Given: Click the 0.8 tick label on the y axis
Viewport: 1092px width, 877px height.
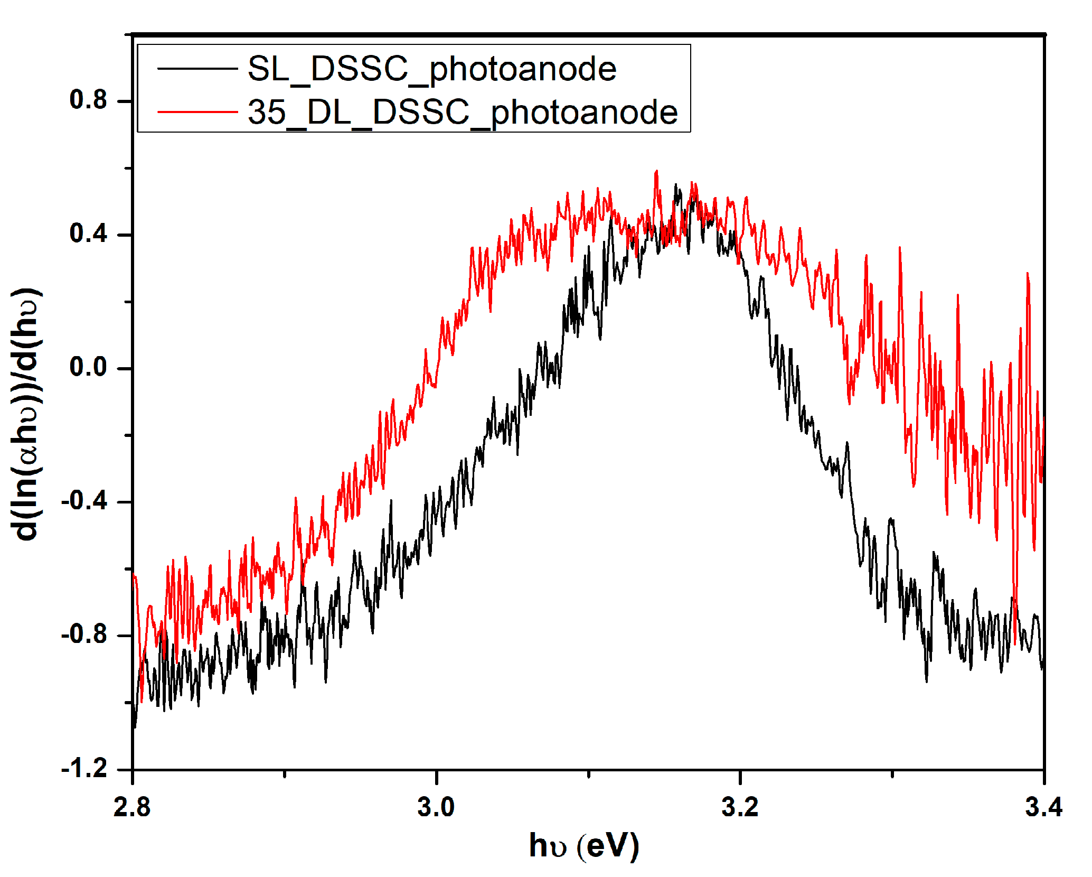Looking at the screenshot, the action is (x=88, y=100).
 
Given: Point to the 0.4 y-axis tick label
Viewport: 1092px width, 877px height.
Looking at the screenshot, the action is (x=88, y=234).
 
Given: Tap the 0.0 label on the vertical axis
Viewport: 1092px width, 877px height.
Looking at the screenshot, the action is (x=88, y=367).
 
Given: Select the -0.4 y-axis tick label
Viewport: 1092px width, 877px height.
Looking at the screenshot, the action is (x=84, y=501).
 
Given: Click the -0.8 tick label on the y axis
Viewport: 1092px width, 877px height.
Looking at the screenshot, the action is (x=84, y=635).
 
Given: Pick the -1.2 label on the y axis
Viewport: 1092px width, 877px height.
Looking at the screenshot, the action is (x=84, y=768).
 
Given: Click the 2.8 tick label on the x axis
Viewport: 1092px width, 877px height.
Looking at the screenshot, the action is (x=132, y=807).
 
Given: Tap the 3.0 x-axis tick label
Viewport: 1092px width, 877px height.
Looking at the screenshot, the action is (x=436, y=807).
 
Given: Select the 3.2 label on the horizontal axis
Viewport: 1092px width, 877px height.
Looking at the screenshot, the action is (x=740, y=807).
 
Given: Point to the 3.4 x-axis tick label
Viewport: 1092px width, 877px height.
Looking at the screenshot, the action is (x=1044, y=807).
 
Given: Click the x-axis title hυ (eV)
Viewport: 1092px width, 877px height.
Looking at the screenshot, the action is (x=585, y=846).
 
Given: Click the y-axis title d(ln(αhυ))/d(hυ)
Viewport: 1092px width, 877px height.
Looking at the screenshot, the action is (x=26, y=414).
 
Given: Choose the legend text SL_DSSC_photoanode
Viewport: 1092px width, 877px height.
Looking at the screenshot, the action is (x=432, y=69).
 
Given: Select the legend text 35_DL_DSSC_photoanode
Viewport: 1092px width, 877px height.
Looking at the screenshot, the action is (x=463, y=113).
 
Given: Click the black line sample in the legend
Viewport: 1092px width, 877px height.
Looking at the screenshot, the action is (x=197, y=68).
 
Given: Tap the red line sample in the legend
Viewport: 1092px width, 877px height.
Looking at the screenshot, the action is (x=197, y=111).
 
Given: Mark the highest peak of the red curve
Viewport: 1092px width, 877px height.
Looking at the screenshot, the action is (x=656, y=171).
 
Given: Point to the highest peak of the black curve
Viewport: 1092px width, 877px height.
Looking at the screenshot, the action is (x=676, y=185).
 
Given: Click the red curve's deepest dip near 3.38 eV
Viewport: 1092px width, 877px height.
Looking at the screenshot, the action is (x=1015, y=643).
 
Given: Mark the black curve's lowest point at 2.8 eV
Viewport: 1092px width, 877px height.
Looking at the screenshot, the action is (x=135, y=727).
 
